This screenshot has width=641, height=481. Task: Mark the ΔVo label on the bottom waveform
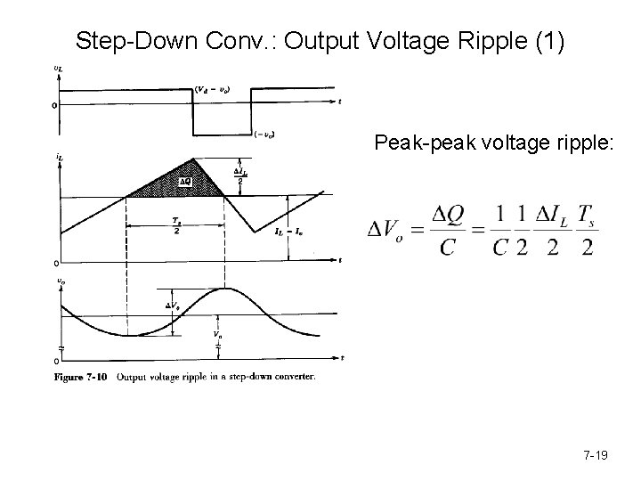173,306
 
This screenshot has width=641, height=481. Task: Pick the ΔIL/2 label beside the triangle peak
239,175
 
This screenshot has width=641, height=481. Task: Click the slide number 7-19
595,456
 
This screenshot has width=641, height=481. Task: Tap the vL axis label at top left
58,69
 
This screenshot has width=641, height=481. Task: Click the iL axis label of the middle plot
58,157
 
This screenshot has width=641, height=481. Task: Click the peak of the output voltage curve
226,289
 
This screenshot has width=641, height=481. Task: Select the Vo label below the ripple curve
217,335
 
